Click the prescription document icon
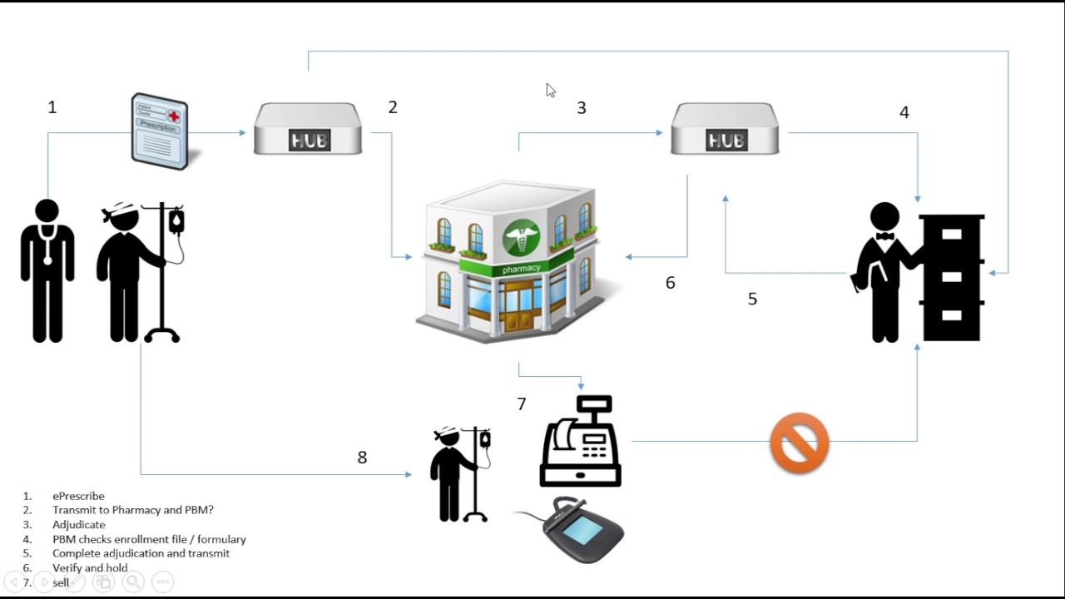click(160, 131)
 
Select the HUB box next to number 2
click(308, 129)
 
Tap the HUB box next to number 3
click(726, 129)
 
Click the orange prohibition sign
click(800, 443)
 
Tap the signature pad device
click(582, 530)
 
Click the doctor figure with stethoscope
click(47, 270)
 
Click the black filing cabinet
click(952, 277)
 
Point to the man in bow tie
click(884, 270)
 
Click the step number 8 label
click(362, 458)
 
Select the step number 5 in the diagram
click(752, 299)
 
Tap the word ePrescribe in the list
click(78, 497)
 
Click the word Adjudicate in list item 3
click(79, 525)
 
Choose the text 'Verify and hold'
click(90, 568)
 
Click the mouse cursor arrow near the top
click(550, 90)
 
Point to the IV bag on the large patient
click(176, 221)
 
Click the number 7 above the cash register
click(522, 404)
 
